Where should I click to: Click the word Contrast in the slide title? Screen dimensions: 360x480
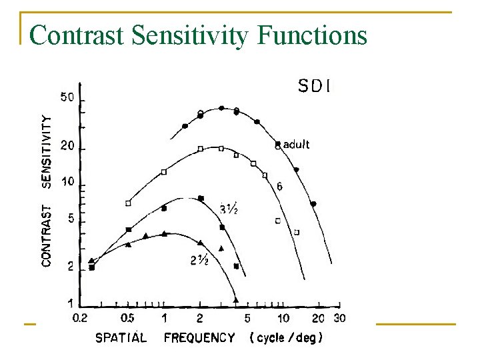[77, 35]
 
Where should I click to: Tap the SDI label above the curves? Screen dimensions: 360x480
[315, 85]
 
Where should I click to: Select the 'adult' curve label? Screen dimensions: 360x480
[296, 144]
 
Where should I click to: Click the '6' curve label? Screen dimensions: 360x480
[279, 187]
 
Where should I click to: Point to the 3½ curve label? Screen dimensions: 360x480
[229, 209]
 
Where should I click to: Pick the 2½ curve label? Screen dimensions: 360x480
[199, 261]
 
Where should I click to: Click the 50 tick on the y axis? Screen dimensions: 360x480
[67, 97]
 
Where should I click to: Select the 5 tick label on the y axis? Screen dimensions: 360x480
[70, 218]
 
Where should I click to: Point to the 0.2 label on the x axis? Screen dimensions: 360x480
[80, 318]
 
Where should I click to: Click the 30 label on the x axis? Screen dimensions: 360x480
[339, 318]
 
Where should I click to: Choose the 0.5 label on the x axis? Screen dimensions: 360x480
[127, 318]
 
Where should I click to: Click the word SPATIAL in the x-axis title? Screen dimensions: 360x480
[121, 338]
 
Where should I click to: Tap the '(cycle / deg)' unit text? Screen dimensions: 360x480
[287, 337]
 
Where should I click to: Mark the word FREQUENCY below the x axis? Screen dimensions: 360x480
[199, 338]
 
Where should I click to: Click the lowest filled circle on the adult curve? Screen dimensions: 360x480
[313, 203]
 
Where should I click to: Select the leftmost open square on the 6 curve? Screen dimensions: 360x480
[128, 203]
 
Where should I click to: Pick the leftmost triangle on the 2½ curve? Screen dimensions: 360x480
[91, 260]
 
